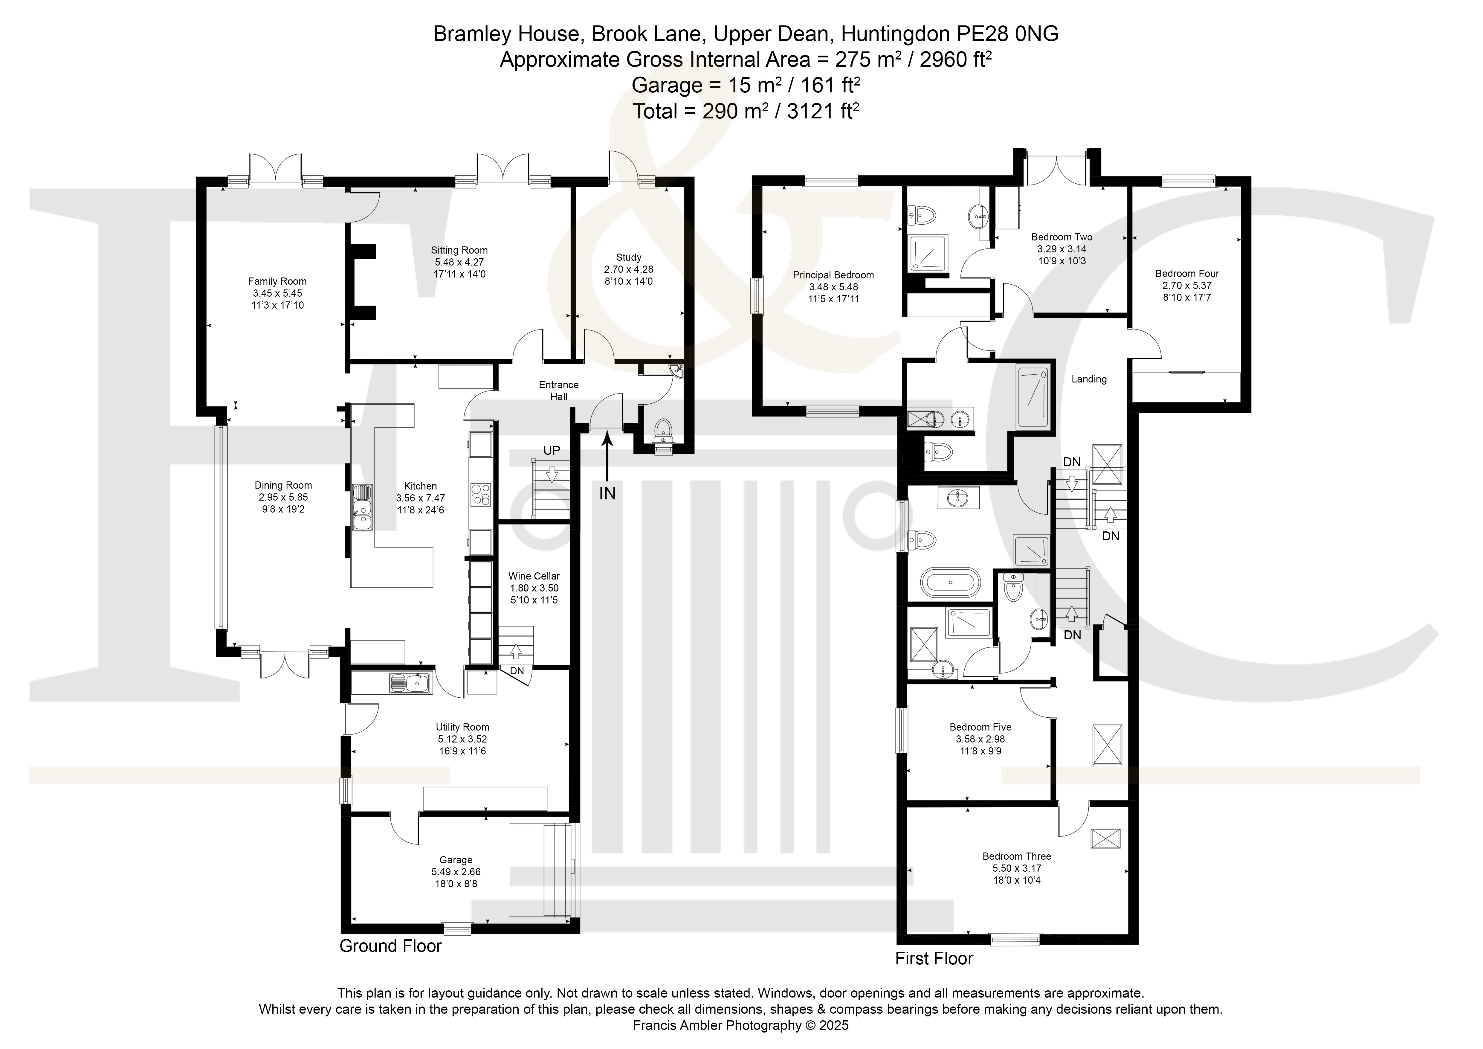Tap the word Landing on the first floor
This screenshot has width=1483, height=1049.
click(x=1089, y=379)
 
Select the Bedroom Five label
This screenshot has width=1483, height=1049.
click(x=980, y=727)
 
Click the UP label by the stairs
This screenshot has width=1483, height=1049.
click(x=552, y=450)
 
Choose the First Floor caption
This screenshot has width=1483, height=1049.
click(x=934, y=959)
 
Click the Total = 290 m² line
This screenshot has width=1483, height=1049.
click(x=746, y=111)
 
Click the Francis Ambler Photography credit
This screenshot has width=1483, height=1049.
click(x=741, y=1025)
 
